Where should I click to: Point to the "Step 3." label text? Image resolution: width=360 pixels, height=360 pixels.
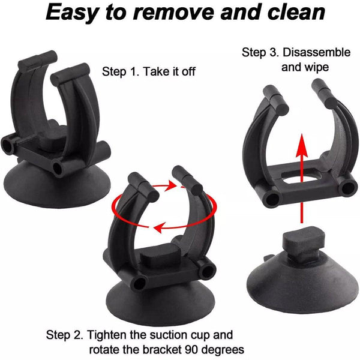260,53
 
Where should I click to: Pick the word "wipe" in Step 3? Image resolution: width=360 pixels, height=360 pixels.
316,67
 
